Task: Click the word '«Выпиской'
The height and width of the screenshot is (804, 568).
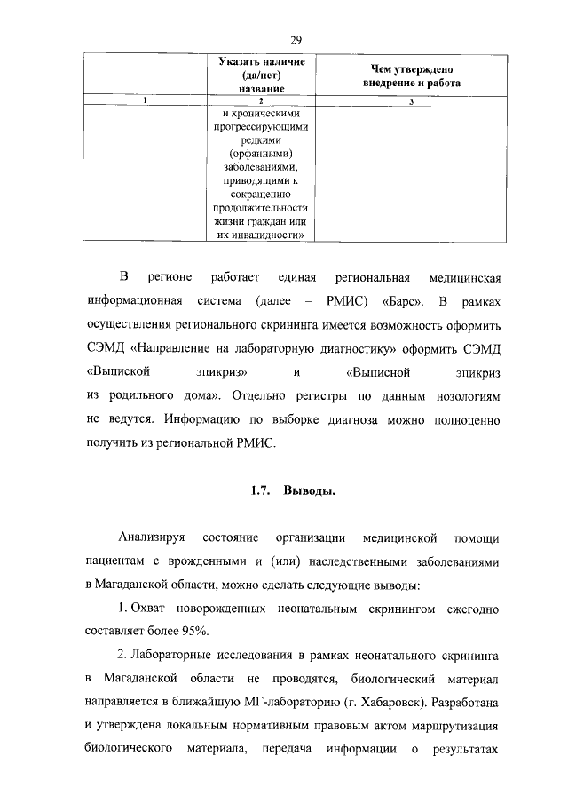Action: pyautogui.click(x=117, y=368)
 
